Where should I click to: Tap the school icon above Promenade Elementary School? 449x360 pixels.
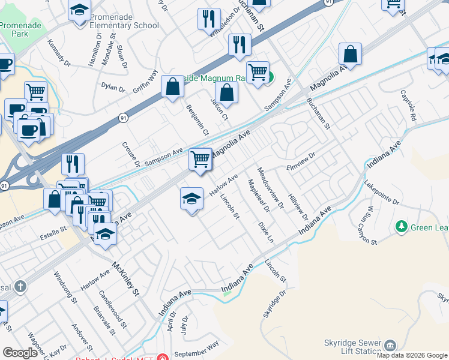point(79,11)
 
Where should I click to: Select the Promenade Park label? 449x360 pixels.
point(14,29)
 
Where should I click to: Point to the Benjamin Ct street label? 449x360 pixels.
point(197,119)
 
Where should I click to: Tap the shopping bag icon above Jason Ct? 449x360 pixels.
point(226,93)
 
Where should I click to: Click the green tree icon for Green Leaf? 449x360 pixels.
point(402,227)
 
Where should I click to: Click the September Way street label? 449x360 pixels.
point(196,351)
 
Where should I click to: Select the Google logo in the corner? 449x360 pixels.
point(20,353)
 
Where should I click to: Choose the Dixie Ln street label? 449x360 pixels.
point(265,231)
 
